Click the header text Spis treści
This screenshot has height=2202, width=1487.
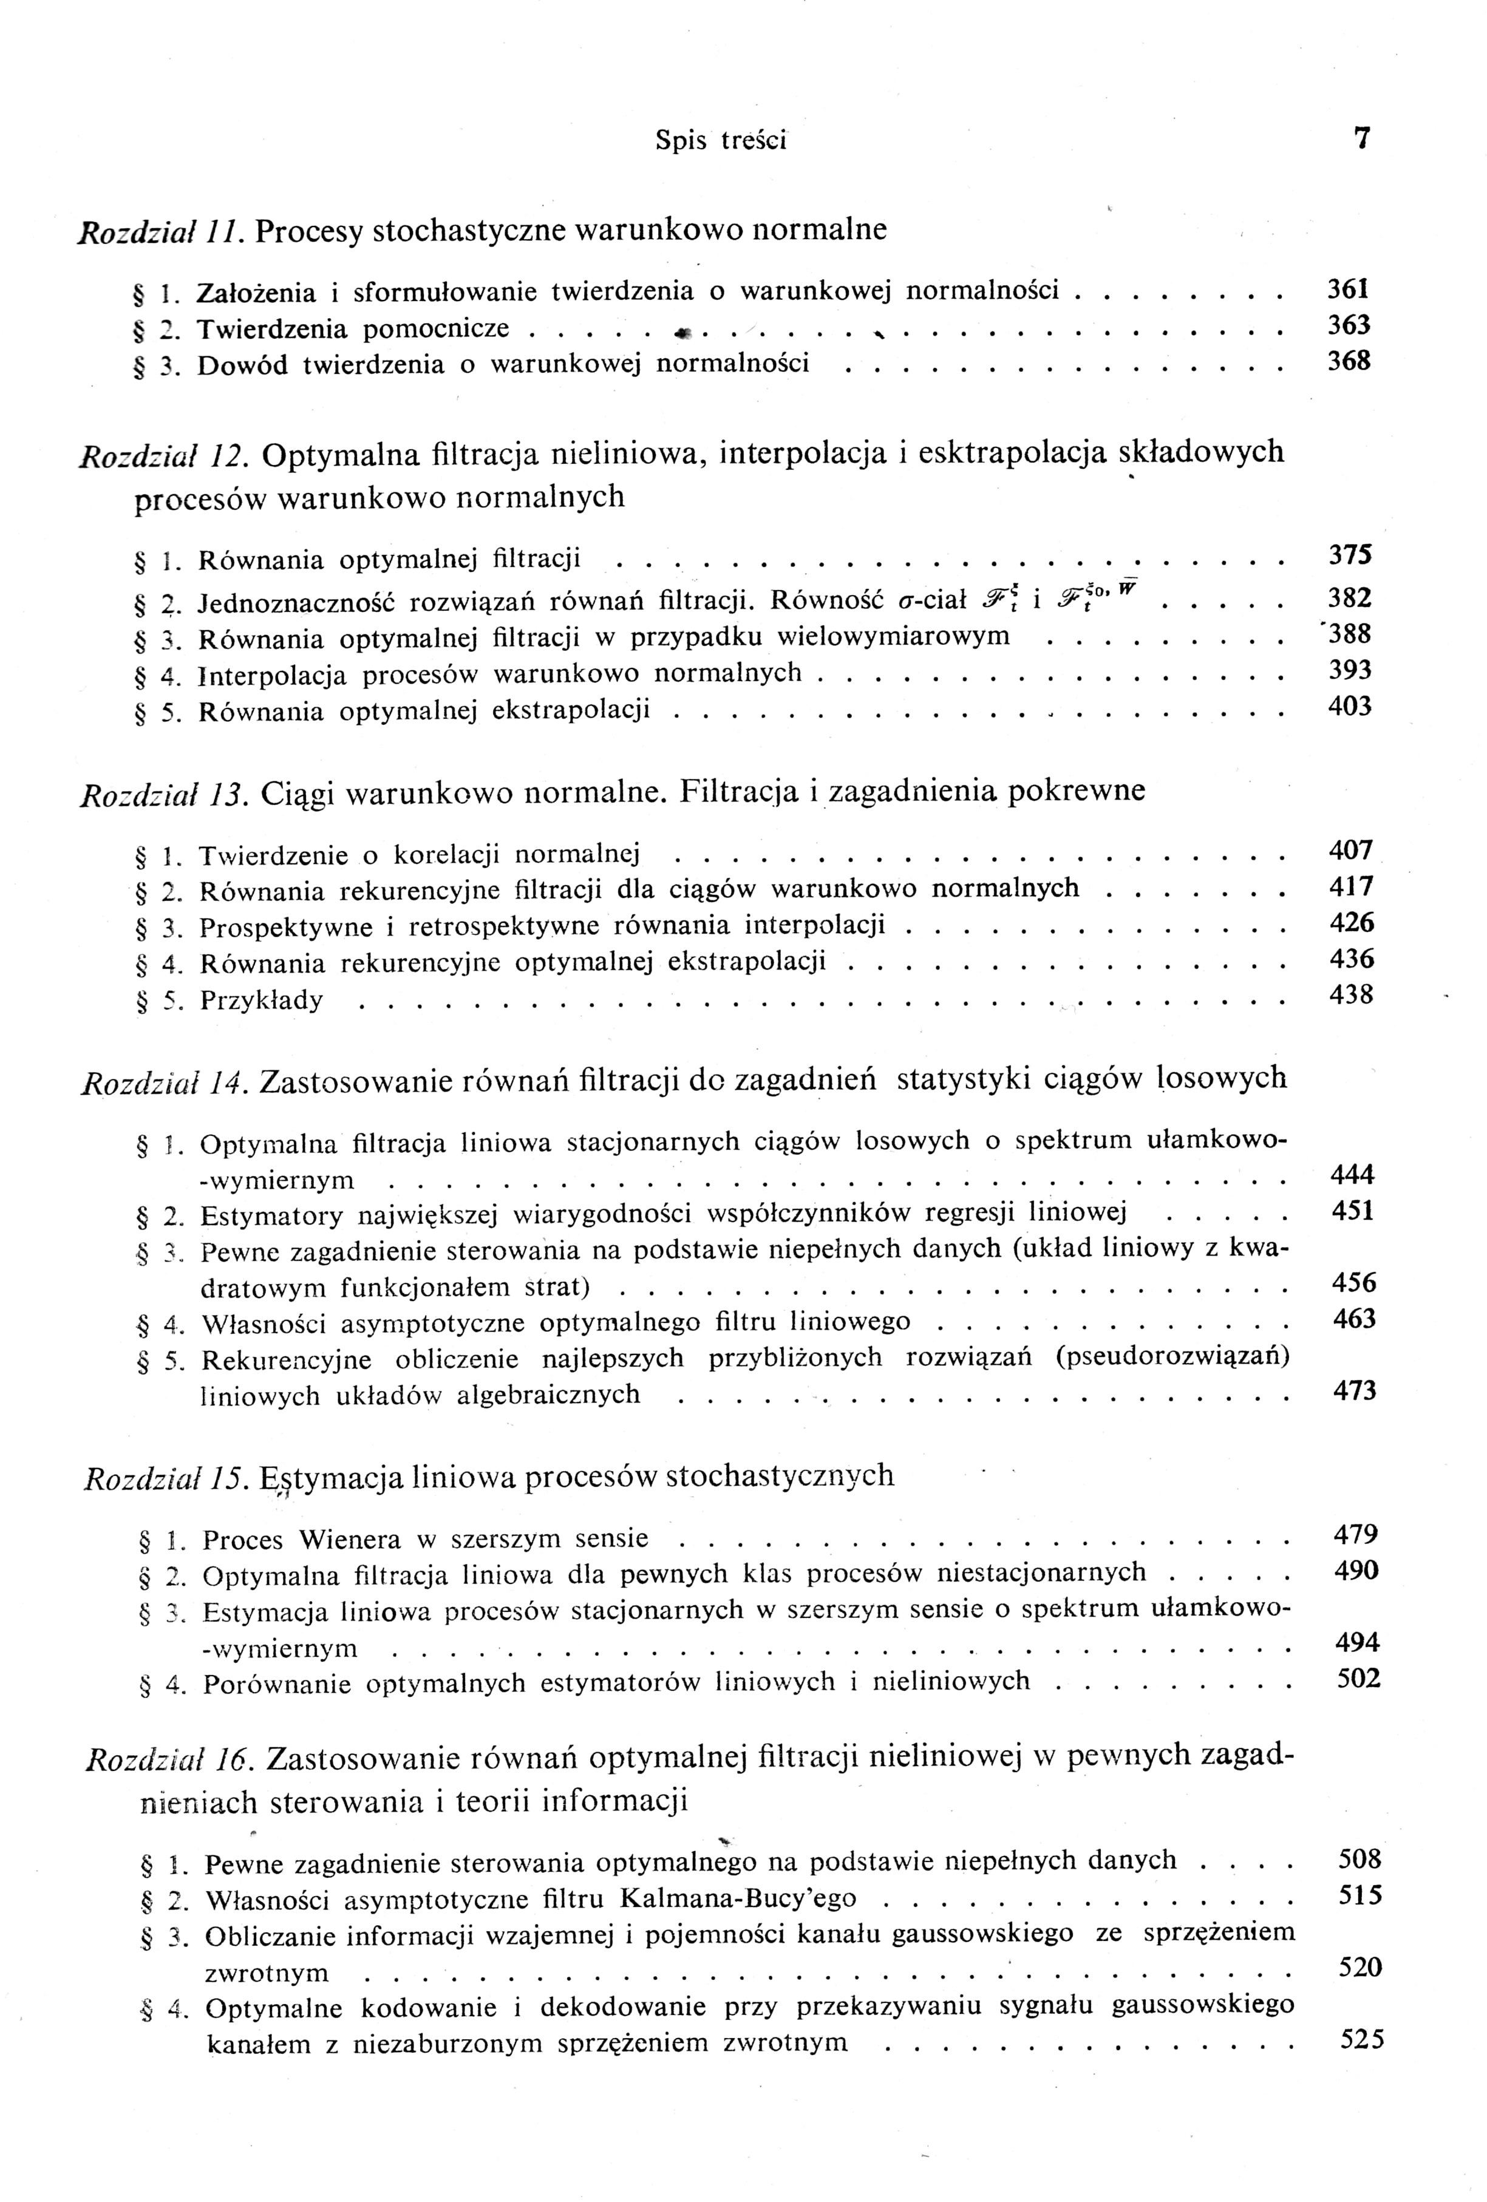point(720,141)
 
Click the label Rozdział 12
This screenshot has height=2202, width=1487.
point(160,457)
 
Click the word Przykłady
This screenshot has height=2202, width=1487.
point(262,1001)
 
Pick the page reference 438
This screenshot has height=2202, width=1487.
point(1352,995)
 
